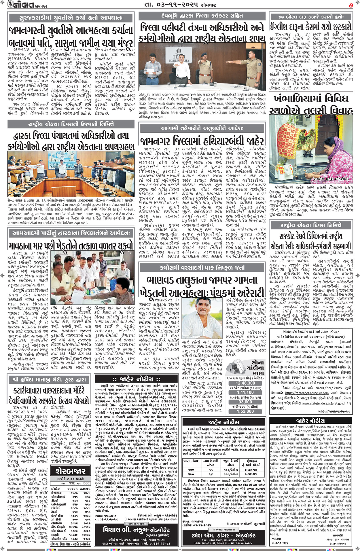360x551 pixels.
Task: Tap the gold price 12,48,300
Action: (245, 383)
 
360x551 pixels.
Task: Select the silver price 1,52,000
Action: (245, 411)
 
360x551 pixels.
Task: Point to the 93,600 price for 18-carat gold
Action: (245, 402)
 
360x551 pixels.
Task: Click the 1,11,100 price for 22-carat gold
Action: (245, 392)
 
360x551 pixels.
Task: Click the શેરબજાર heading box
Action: (71, 471)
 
